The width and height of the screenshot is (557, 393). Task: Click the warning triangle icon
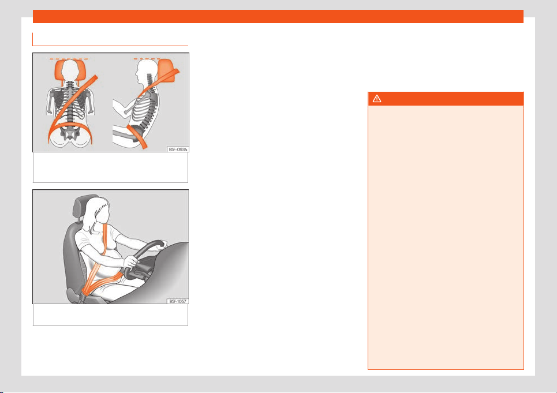[x=377, y=99]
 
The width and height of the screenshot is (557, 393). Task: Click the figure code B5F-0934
[x=178, y=149]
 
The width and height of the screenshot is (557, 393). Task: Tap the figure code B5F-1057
[x=178, y=301]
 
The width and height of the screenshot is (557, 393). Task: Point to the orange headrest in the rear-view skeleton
[x=70, y=70]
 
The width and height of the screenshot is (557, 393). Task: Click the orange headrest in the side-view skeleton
[x=166, y=70]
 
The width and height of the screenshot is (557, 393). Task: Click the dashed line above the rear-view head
[x=69, y=59]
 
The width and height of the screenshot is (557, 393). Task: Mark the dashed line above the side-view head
[x=147, y=59]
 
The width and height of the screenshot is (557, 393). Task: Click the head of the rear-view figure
[x=70, y=70]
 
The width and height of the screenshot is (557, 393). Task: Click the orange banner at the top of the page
[x=278, y=16]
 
